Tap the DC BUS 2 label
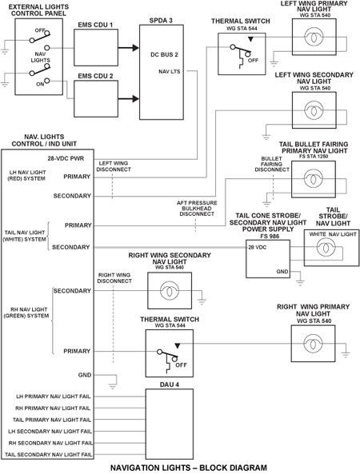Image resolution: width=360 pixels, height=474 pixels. coord(164,54)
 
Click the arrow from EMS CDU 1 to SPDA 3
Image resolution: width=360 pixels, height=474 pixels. coord(129,47)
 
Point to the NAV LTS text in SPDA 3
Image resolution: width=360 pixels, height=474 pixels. coord(170,72)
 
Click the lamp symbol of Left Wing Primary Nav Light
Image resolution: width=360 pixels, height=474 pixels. coord(314,38)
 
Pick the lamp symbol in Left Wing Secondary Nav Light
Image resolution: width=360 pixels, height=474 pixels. coord(314,110)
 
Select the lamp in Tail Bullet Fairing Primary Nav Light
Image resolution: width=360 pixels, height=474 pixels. coord(313,178)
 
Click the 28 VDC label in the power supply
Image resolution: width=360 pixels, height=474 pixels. coord(258,247)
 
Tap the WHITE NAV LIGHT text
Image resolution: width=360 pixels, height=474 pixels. coord(333,234)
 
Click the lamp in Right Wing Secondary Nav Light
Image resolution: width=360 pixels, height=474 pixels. coord(170,290)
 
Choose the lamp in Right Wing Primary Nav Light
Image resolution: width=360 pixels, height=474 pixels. coord(313,344)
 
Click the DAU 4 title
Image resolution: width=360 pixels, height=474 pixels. coord(170,384)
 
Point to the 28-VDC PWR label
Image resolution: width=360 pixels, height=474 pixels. coord(66,158)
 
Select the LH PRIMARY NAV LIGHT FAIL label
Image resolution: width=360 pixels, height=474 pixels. coord(54,396)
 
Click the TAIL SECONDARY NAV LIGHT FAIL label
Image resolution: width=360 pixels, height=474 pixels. coord(49,454)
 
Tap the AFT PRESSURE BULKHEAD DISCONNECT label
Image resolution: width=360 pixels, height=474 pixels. coord(197,209)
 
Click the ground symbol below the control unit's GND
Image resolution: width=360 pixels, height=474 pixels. coord(113,385)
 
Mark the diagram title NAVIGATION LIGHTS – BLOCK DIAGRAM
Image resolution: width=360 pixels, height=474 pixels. coord(189,468)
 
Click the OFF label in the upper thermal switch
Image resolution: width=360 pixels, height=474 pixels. coord(254,61)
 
